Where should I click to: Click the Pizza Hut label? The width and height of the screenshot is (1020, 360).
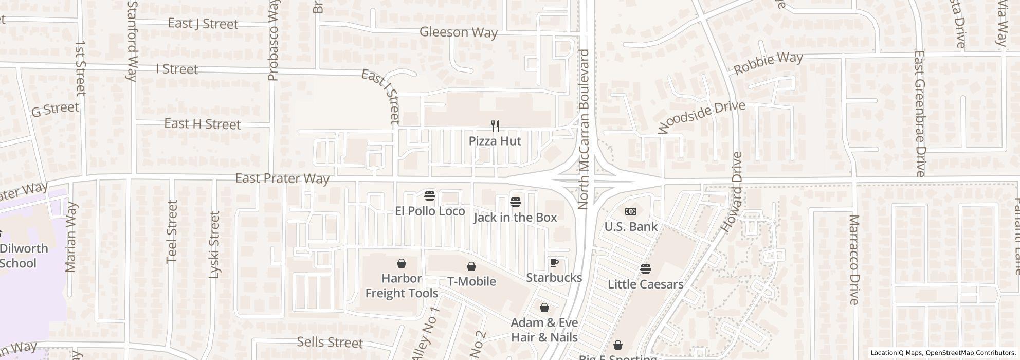(x=495, y=141)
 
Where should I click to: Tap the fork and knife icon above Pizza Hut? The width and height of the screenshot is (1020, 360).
(x=495, y=125)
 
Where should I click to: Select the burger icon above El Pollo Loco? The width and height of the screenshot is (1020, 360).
(x=430, y=196)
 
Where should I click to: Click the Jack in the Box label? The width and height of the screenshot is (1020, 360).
(x=515, y=218)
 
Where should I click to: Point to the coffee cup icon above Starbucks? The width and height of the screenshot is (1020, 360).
(x=554, y=263)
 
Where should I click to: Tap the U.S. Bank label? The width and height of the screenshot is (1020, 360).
(x=631, y=227)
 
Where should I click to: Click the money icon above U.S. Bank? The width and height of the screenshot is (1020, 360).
(x=631, y=211)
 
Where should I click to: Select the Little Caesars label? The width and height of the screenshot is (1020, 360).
(x=645, y=284)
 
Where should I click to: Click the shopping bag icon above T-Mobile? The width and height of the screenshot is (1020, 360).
(x=471, y=266)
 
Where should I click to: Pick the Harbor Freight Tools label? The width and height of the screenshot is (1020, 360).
(x=402, y=286)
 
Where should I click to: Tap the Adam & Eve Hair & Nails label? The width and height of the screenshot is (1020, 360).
(x=544, y=330)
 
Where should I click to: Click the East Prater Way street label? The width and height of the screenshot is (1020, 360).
(x=282, y=178)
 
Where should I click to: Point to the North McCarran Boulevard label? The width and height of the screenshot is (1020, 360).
(x=583, y=130)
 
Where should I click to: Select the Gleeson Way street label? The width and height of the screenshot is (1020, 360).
(x=459, y=32)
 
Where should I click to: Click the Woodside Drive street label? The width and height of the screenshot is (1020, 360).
(x=701, y=117)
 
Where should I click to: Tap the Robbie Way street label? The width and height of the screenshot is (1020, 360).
(x=768, y=63)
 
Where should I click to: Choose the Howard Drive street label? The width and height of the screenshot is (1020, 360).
(x=732, y=192)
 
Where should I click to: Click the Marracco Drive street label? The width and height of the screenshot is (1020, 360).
(x=854, y=259)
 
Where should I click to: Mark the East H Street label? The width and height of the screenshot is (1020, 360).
(x=203, y=124)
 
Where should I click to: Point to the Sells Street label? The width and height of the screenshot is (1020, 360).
(x=330, y=343)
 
